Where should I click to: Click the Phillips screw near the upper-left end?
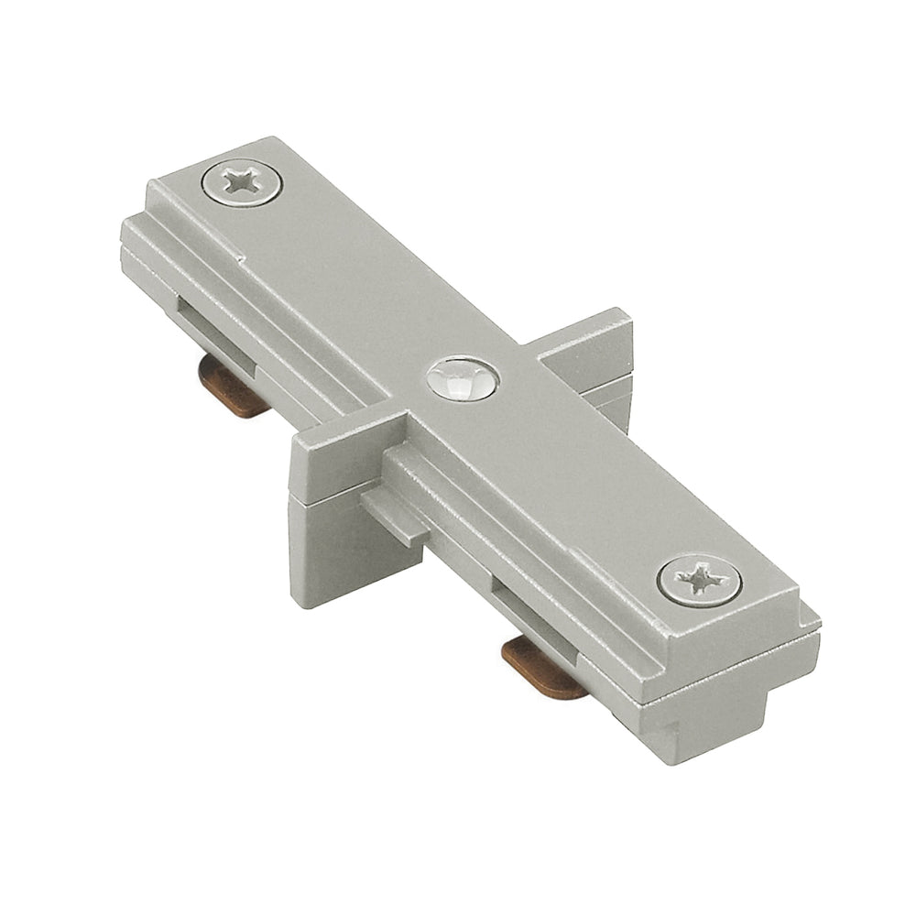(x=242, y=182)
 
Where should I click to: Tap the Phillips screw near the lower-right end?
(x=699, y=579)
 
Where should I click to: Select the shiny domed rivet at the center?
(x=463, y=378)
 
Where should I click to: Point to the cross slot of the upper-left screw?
(x=242, y=181)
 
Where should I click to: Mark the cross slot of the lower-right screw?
(x=699, y=579)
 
